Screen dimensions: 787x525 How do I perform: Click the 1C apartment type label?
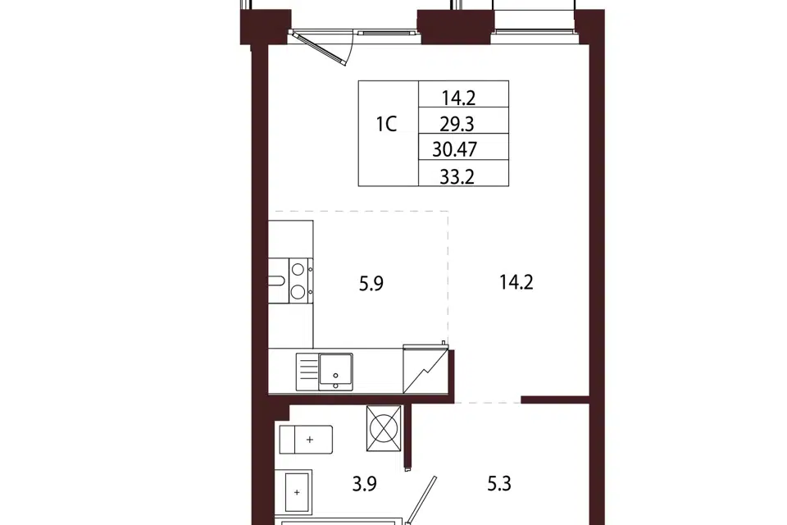386,124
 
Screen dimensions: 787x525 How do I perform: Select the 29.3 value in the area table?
457,124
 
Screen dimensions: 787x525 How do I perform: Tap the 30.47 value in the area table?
455,150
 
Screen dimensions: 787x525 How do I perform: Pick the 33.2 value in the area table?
457,177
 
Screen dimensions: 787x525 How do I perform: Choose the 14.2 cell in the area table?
458,98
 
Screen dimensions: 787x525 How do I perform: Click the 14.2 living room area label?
516,282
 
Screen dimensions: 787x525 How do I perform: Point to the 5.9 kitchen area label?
371,284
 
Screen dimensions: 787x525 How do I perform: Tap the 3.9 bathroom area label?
364,484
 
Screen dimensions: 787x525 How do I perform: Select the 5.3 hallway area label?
499,484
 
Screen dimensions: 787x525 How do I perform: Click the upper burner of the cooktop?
298,269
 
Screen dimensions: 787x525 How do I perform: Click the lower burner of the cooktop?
298,291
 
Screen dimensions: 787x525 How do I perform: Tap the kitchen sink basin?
336,371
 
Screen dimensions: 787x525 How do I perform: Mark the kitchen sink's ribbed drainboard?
307,372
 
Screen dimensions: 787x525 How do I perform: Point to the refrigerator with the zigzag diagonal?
425,368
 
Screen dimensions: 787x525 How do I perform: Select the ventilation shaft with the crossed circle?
384,428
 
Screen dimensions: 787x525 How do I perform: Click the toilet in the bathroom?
306,440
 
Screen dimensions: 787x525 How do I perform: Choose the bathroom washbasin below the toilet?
297,492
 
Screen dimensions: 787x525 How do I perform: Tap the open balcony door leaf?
319,48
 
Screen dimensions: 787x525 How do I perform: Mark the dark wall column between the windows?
456,26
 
